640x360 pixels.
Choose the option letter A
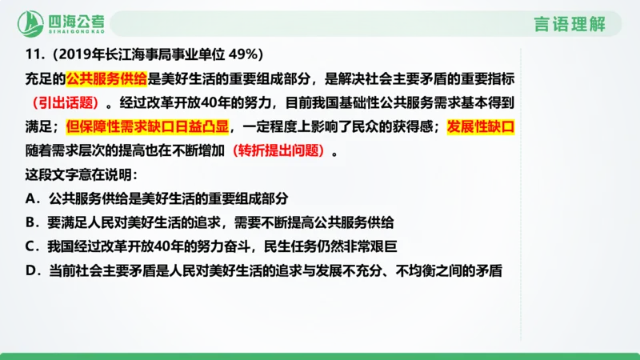coord(30,198)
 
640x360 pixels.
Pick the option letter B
coord(30,222)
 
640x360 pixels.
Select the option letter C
coord(30,246)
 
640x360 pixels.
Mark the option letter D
coord(30,270)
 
